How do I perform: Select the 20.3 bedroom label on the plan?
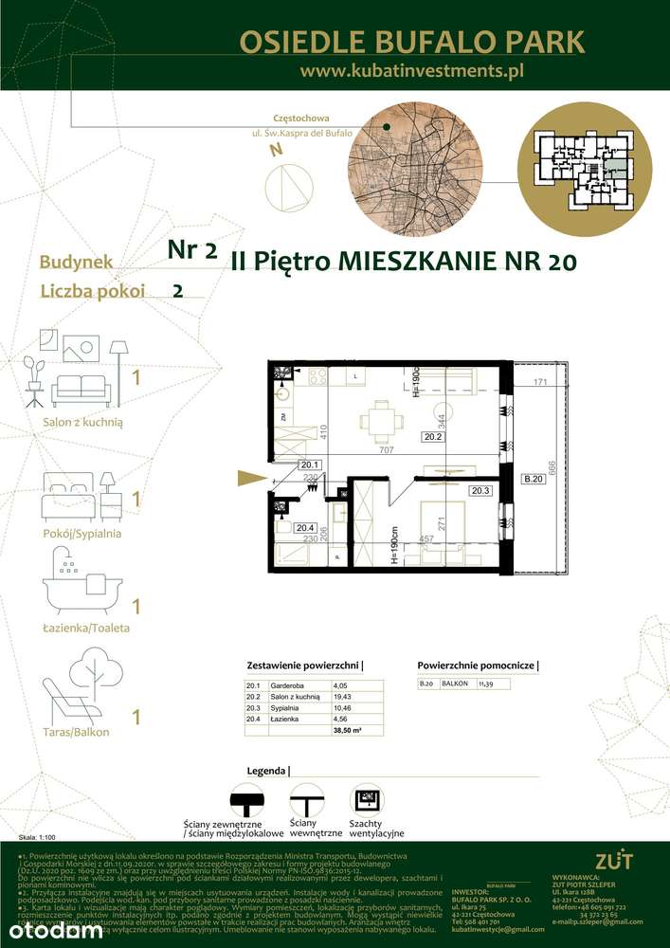coord(480,490)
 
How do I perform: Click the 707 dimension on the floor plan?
coord(387,450)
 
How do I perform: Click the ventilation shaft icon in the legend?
coord(366,798)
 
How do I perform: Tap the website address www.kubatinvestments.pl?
coord(411,70)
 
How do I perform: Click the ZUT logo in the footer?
coord(607,860)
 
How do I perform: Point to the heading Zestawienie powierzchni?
coord(304,665)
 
